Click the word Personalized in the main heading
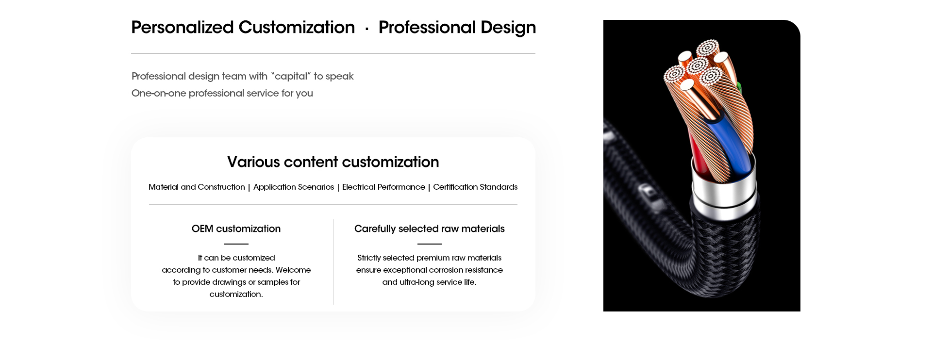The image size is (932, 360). click(183, 27)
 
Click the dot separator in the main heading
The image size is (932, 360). click(366, 30)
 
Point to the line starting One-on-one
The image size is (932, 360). click(222, 93)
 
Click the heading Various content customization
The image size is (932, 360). click(333, 162)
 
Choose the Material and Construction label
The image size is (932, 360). click(197, 187)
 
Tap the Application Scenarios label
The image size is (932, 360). click(294, 187)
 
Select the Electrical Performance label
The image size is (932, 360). click(383, 187)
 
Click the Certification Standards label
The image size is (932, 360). click(475, 187)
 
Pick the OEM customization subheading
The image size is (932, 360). click(236, 229)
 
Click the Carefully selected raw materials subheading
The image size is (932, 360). click(430, 229)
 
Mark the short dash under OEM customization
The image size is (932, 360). click(236, 244)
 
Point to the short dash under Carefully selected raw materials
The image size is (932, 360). click(430, 244)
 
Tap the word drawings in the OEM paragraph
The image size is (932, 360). click(229, 282)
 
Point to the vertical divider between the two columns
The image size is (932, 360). click(333, 262)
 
